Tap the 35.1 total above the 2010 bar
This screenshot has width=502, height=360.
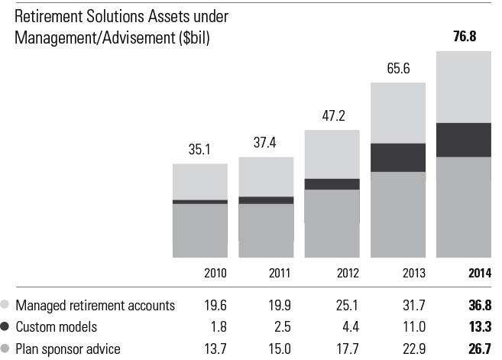click(199, 150)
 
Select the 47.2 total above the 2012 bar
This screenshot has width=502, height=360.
click(332, 117)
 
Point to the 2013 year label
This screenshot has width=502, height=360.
click(397, 274)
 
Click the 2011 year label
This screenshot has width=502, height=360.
click(266, 274)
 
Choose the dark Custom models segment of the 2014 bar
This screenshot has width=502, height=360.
click(463, 139)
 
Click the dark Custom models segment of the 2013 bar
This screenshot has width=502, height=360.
click(397, 157)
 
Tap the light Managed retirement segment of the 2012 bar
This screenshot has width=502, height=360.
click(332, 154)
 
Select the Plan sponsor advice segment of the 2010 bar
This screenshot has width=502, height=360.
click(199, 230)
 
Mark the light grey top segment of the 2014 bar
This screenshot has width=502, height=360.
click(463, 86)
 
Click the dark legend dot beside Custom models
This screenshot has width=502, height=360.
click(6, 327)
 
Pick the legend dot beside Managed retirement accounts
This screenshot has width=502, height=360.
click(6, 306)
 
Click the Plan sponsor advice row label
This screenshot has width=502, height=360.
click(67, 349)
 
